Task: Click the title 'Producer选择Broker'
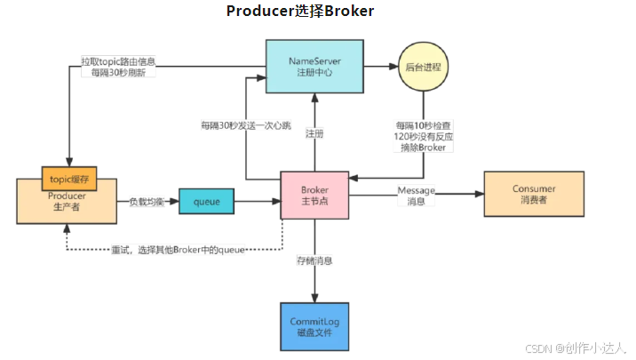point(300,12)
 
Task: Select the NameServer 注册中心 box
point(313,66)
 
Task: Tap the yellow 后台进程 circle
point(425,67)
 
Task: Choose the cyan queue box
point(206,202)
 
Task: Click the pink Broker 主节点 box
point(314,196)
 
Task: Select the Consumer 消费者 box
point(534,195)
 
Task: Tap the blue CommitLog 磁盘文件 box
point(314,326)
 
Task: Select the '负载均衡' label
point(147,202)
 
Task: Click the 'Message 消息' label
point(416,196)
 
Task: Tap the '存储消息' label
point(314,260)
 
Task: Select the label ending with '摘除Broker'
point(425,138)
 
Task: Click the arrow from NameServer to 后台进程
point(380,67)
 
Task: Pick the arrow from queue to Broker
point(257,202)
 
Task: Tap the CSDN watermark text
point(576,348)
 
